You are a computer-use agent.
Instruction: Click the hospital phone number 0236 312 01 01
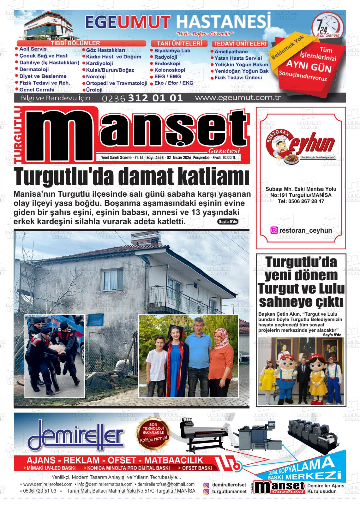(x=142, y=98)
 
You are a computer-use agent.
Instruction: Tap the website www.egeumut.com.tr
(x=238, y=98)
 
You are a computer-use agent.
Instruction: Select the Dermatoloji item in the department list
(x=34, y=69)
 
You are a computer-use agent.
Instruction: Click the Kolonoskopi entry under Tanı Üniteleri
(x=170, y=70)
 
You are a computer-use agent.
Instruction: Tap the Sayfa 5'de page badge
(x=228, y=222)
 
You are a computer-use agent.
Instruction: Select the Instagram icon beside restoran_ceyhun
(x=274, y=230)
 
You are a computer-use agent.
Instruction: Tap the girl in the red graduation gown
(x=176, y=366)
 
